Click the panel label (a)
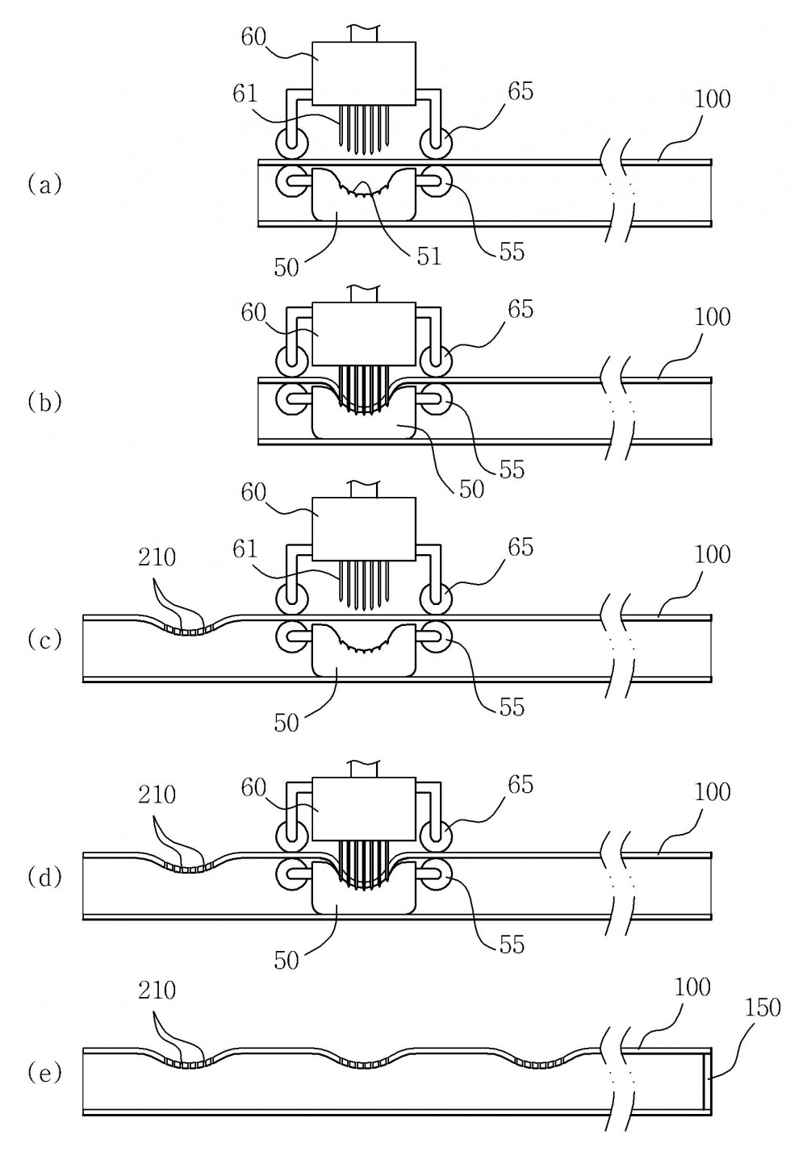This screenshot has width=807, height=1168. tap(44, 185)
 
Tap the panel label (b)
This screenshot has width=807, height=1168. tap(44, 403)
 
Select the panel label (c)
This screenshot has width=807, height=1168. tap(44, 640)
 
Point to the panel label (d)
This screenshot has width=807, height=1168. tap(44, 878)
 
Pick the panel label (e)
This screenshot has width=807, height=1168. tap(44, 1073)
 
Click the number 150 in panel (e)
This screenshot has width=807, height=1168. tap(762, 1007)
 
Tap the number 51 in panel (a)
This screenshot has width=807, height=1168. tap(429, 257)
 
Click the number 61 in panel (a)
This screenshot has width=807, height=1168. tap(245, 94)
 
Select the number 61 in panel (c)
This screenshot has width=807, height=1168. tap(245, 549)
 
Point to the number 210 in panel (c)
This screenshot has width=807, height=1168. tap(157, 558)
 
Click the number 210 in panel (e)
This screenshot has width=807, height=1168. tap(157, 991)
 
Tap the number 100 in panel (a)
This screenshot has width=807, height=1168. tap(712, 99)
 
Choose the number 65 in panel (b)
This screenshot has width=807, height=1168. tap(521, 310)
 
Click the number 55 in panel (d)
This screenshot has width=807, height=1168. tap(511, 945)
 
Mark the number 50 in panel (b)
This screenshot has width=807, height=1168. tap(471, 490)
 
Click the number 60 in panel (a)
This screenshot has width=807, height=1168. tap(253, 37)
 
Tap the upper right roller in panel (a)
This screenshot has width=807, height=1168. tap(436, 142)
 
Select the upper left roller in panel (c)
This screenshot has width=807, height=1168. tap(291, 598)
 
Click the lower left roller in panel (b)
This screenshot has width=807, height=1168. tap(291, 399)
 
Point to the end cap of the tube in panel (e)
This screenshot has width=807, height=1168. tap(708, 1082)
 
